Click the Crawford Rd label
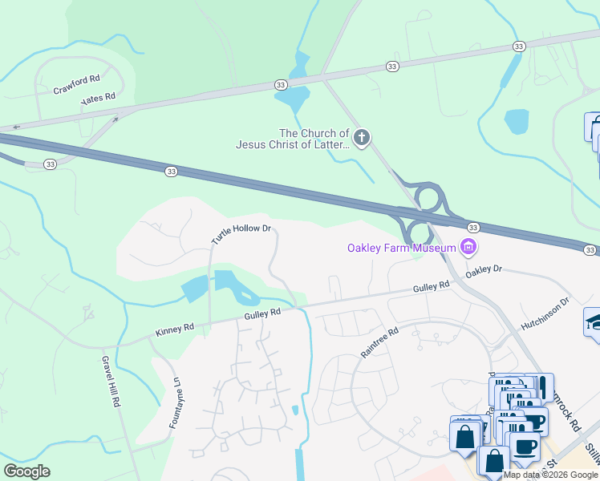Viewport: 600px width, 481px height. [77, 84]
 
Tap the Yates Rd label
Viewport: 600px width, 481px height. [99, 99]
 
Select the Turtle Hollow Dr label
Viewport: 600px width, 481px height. [241, 233]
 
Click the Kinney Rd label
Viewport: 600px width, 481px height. [176, 328]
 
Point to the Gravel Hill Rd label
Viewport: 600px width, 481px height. [110, 382]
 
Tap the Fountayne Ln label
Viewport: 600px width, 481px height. [173, 403]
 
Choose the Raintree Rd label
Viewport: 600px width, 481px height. [379, 342]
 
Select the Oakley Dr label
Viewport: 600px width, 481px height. [484, 271]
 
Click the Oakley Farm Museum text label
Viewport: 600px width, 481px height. [401, 248]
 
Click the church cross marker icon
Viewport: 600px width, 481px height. [362, 139]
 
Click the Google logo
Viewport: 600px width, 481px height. [26, 471]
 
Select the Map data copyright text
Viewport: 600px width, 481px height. [551, 475]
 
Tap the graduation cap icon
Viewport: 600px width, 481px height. [594, 322]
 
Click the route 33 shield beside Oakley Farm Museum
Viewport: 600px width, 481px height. [472, 228]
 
